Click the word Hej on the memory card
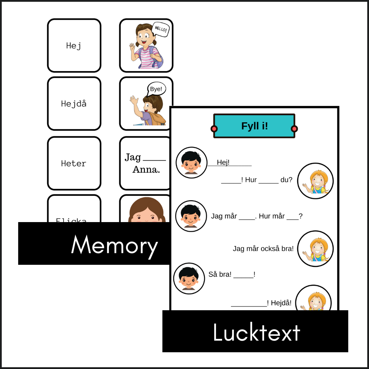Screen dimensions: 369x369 point(73,46)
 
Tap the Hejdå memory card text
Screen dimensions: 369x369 point(73,104)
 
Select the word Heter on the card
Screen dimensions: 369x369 point(73,163)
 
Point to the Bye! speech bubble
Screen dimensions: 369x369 point(156,89)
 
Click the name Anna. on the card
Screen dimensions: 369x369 point(146,169)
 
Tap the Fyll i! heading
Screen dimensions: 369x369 point(255,126)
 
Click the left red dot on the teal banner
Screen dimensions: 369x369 point(214,129)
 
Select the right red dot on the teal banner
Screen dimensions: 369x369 point(294,129)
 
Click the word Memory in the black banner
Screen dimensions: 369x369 point(114,245)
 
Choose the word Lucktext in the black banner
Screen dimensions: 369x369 point(256,332)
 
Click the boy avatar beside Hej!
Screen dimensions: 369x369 point(191,163)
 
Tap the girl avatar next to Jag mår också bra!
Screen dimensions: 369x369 point(315,248)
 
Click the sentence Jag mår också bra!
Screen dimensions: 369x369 point(263,249)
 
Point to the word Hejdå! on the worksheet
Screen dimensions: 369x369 point(281,303)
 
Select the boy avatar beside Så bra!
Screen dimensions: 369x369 point(189,278)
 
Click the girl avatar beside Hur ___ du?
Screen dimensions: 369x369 point(315,181)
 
